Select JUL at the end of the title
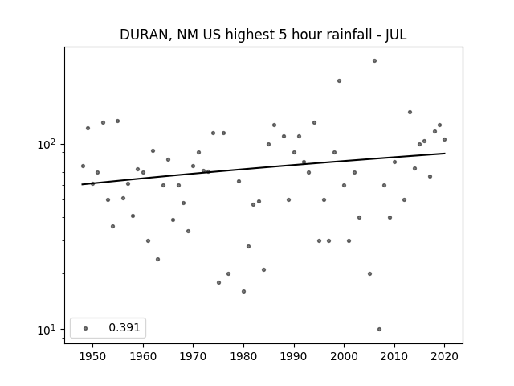coord(396,35)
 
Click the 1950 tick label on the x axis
coord(93,356)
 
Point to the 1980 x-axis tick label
coord(243,356)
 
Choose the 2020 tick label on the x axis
coord(444,356)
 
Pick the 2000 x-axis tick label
coord(344,356)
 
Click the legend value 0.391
coord(124,327)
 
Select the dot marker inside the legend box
coord(86,328)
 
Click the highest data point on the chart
coord(374,61)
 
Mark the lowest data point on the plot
coord(379,329)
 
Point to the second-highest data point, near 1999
coord(339,80)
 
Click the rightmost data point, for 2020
coord(444,139)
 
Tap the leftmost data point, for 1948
coord(83,166)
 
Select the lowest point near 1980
coord(243,291)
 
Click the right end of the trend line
coord(445,154)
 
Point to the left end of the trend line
coord(82,184)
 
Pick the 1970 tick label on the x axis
coord(193,356)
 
